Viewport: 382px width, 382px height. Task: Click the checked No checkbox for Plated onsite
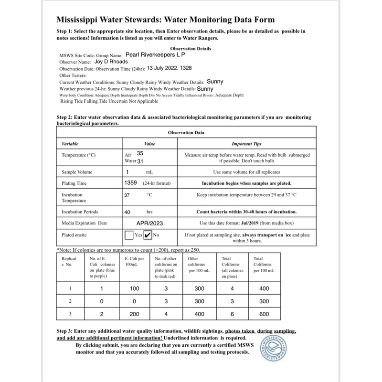tap(148, 235)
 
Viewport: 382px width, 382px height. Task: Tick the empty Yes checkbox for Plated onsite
tap(128, 235)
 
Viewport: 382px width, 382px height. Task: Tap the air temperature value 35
tap(140, 153)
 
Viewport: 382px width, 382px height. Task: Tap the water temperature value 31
tap(141, 161)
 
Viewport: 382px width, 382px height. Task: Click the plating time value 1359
tap(131, 182)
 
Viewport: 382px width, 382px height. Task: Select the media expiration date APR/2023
tap(149, 223)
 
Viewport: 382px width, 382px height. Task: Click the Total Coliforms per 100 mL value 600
tap(264, 314)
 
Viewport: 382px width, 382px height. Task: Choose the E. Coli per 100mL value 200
tap(135, 314)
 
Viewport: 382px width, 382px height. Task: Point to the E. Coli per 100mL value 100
tap(135, 288)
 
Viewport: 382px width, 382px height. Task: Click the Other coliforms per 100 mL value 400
tap(200, 314)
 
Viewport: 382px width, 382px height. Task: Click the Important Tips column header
tap(246, 143)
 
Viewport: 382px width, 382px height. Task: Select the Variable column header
tap(70, 143)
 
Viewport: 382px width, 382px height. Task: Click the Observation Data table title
tap(186, 132)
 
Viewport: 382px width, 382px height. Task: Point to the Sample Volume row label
tap(77, 172)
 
